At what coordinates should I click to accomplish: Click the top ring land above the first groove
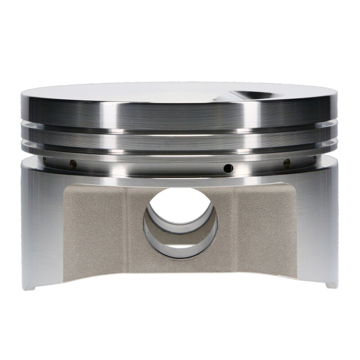coord(180,112)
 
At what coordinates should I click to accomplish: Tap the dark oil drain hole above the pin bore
coord(228,168)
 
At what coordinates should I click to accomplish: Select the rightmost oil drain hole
coord(286,162)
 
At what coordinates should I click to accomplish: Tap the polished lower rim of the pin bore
coord(180,255)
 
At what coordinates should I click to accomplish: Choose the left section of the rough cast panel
coord(94,229)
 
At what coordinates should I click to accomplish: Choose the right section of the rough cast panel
coord(265,229)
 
